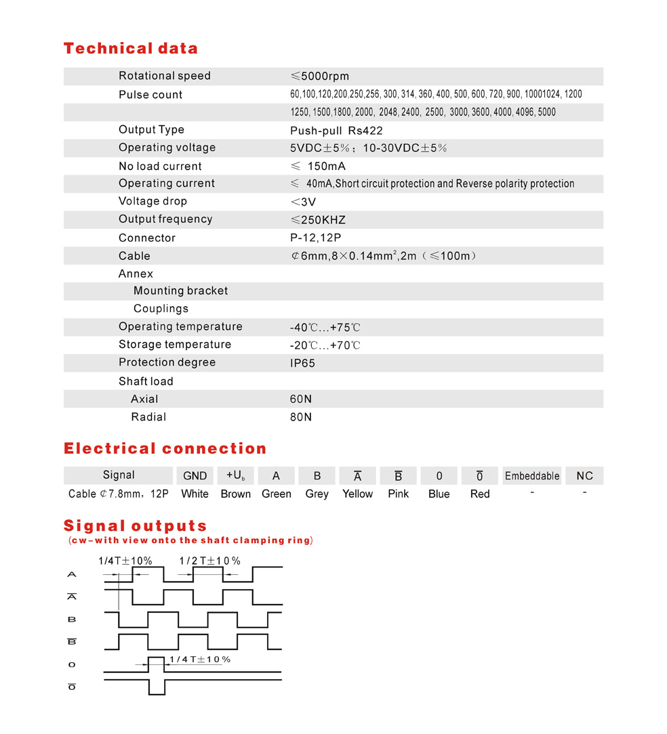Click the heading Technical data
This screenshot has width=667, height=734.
click(x=131, y=49)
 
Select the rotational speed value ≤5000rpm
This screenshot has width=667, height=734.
click(x=319, y=76)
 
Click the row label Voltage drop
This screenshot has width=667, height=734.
click(x=153, y=201)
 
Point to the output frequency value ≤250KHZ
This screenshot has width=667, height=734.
click(x=318, y=219)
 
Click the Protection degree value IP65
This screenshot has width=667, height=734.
click(x=302, y=363)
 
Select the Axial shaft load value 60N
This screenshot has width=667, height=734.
click(x=301, y=399)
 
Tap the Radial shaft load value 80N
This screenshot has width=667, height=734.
click(x=301, y=417)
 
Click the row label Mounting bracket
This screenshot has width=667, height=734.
click(x=180, y=290)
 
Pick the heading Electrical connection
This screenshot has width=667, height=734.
click(x=165, y=448)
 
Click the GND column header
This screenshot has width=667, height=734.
click(x=195, y=475)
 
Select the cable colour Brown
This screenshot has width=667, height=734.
click(x=236, y=494)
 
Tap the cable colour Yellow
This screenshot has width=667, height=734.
click(x=357, y=494)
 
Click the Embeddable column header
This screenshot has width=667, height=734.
click(x=532, y=476)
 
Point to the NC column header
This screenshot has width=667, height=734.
click(x=584, y=476)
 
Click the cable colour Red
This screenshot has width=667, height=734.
click(x=480, y=494)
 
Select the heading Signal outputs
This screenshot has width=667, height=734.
click(x=135, y=526)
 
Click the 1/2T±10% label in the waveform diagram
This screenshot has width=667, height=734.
click(x=209, y=561)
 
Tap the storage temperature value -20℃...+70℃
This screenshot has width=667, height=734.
click(x=325, y=345)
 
